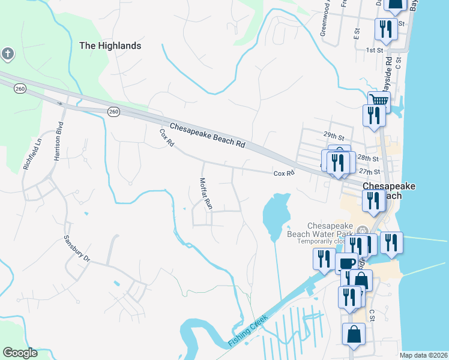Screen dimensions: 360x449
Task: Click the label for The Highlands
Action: pyautogui.click(x=110, y=46)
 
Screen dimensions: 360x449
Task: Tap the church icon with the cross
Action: pyautogui.click(x=7, y=54)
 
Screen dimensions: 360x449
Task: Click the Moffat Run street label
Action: pyautogui.click(x=205, y=193)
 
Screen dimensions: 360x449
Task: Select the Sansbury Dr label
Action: pyautogui.click(x=77, y=248)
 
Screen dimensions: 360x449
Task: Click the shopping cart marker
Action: pyautogui.click(x=378, y=100)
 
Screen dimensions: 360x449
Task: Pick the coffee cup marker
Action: pyautogui.click(x=347, y=263)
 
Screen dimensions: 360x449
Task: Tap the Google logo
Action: pyautogui.click(x=20, y=353)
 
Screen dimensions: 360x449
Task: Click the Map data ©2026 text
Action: pyautogui.click(x=423, y=355)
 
